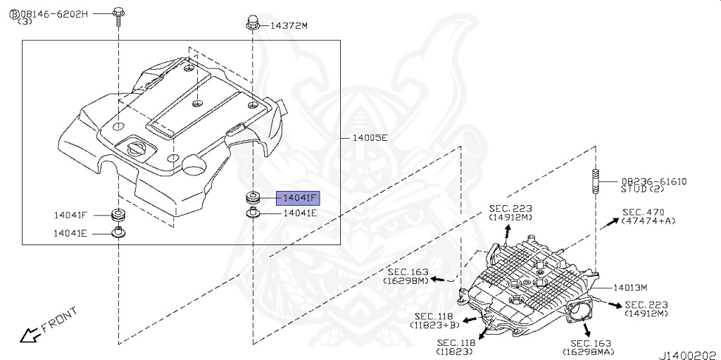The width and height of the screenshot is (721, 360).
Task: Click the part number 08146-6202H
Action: [53, 14]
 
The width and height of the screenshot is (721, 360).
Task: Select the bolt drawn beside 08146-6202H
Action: [118, 17]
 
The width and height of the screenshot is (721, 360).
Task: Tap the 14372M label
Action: [288, 26]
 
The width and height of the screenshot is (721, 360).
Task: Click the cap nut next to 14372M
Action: [253, 23]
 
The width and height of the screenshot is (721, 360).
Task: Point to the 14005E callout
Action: [370, 137]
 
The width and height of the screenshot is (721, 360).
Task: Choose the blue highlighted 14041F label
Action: [298, 199]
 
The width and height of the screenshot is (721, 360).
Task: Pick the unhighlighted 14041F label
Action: [70, 215]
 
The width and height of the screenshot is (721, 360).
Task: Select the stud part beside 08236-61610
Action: [596, 182]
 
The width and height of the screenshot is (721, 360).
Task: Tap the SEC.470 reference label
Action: [644, 212]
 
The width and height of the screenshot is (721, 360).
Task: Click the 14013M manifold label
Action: [630, 288]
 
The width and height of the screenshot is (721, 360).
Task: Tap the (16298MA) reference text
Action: [591, 352]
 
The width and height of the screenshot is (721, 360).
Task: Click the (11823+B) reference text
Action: [434, 325]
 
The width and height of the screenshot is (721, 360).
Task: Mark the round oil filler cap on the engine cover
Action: [136, 148]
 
